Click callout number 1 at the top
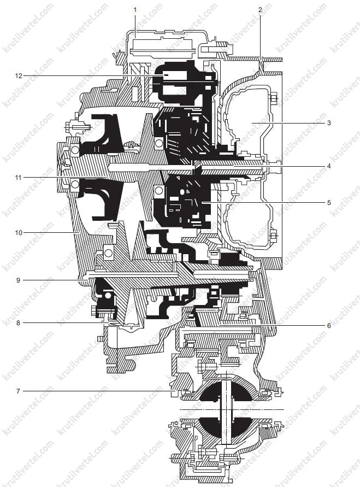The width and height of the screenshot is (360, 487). [135, 10]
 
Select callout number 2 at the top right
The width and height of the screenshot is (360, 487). [260, 10]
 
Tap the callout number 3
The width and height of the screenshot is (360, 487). [329, 123]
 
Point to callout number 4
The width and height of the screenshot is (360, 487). [329, 166]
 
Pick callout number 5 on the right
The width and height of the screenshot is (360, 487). [329, 203]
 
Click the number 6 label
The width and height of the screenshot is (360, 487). [329, 326]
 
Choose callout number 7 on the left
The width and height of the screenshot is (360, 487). [19, 391]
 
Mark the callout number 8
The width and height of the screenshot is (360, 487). [19, 323]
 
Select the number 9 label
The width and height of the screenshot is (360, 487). [19, 280]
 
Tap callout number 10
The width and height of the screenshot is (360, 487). [19, 232]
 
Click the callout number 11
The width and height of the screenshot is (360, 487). [19, 177]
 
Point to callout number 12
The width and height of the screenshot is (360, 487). [19, 75]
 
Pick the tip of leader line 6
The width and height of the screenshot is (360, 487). [218, 326]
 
